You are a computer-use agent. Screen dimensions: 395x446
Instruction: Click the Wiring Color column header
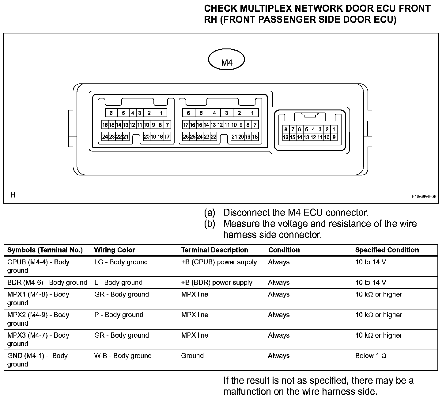click(115, 250)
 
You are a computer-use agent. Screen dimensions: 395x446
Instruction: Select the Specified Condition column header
click(387, 250)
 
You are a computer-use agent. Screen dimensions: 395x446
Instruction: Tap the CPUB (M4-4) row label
click(38, 266)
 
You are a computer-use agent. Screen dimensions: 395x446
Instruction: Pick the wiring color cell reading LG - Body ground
click(121, 262)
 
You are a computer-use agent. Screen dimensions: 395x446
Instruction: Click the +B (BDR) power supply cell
click(217, 282)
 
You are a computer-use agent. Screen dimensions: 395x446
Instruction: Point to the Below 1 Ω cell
click(371, 356)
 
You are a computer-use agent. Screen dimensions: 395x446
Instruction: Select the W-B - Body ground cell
click(123, 356)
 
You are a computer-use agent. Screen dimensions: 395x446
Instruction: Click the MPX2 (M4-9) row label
click(38, 319)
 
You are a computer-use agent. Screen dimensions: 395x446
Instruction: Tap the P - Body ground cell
click(119, 315)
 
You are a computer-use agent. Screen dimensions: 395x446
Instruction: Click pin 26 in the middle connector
click(186, 137)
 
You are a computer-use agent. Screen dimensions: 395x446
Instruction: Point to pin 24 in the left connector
click(105, 137)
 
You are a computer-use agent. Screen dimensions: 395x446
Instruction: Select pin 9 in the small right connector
click(334, 137)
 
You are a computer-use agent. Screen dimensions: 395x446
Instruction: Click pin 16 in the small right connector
click(285, 137)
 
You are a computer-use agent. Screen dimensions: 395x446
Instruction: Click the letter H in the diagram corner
click(13, 195)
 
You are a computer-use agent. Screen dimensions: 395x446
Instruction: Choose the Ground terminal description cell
click(192, 356)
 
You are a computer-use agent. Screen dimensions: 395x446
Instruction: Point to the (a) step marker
click(210, 213)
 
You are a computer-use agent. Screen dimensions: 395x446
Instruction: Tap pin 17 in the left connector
click(167, 137)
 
